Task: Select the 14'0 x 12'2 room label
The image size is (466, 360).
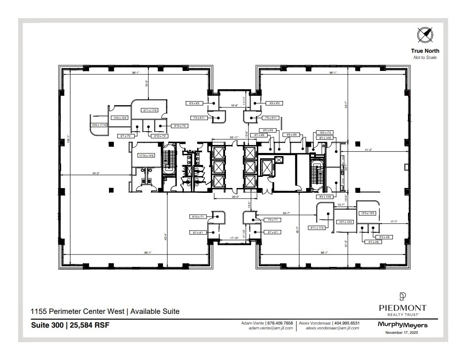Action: [120, 118]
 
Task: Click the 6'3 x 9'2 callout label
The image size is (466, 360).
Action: [195, 103]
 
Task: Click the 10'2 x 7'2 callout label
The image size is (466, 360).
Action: [325, 133]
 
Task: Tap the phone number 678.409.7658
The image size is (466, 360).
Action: [281, 324]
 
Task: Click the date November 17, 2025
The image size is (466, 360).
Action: [402, 333]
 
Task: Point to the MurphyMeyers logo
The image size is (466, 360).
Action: [402, 325]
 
